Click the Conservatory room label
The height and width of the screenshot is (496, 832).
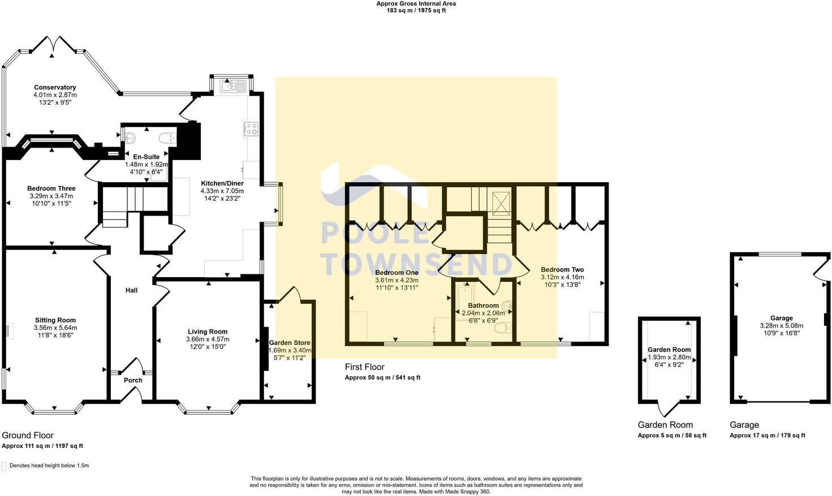tap(55, 88)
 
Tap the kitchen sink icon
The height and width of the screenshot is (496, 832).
tap(232, 87)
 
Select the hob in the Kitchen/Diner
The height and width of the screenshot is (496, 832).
tap(251, 129)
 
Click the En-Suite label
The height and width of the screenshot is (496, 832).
tap(146, 157)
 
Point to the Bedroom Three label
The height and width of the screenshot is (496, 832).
tap(51, 188)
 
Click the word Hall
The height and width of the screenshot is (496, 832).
tap(131, 290)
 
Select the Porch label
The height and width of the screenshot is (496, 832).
tap(133, 380)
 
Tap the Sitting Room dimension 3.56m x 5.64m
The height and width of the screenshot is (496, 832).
tap(55, 327)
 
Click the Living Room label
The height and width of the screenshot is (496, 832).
tap(208, 332)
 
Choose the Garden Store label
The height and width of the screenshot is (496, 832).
tap(290, 343)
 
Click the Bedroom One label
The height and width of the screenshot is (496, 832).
tap(397, 273)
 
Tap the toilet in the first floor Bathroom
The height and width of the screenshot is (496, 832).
tap(506, 327)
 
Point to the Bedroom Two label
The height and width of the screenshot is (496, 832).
tap(562, 270)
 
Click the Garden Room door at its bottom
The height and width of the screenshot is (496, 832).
tap(669, 408)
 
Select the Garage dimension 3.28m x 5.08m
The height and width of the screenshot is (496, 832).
tap(781, 326)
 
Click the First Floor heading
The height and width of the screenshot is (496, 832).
tap(364, 367)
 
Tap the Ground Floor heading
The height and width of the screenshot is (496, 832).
tap(28, 435)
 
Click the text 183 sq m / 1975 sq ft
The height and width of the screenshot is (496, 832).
tap(416, 11)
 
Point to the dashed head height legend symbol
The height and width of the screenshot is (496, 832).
tap(5, 466)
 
